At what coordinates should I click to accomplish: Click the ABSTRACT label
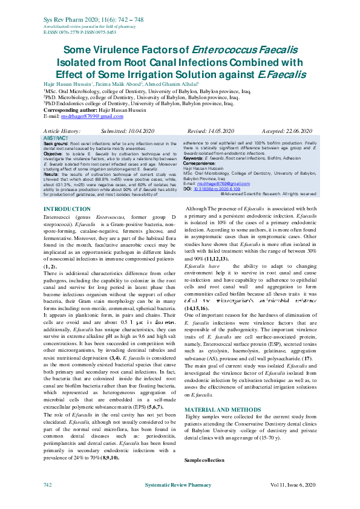[56, 138]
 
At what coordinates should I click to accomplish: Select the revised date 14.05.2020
[214, 131]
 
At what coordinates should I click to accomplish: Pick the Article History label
[62, 131]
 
